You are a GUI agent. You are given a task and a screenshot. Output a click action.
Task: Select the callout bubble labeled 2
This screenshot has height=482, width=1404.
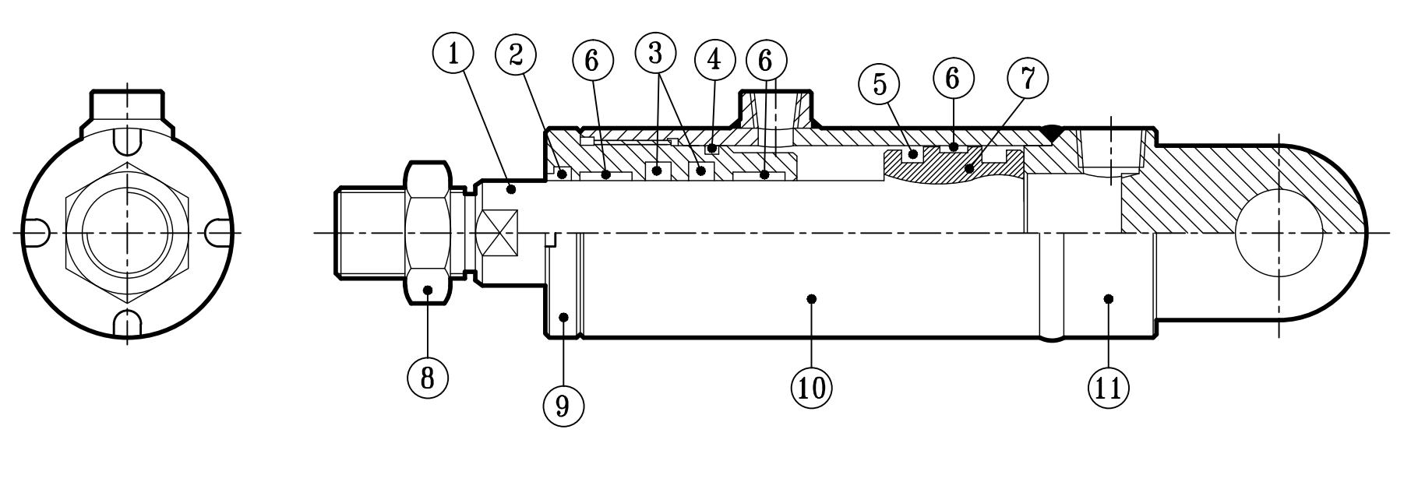pyautogui.click(x=517, y=55)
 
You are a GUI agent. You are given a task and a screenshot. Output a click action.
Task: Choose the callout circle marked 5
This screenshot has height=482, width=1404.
pyautogui.click(x=880, y=84)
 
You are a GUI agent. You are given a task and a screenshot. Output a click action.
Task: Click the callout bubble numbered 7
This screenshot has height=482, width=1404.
pyautogui.click(x=1027, y=79)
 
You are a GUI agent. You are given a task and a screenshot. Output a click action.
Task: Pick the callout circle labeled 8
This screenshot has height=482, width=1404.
pyautogui.click(x=428, y=377)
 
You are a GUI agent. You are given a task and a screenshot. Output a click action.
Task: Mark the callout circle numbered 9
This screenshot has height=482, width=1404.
pyautogui.click(x=563, y=405)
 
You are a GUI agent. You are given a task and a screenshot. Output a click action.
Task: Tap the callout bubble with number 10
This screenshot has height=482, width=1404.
pyautogui.click(x=811, y=385)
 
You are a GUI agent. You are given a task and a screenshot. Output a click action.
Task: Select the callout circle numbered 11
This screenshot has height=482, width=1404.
pyautogui.click(x=1109, y=385)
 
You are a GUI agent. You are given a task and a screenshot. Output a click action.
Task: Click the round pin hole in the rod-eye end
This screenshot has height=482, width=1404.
pyautogui.click(x=1279, y=233)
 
